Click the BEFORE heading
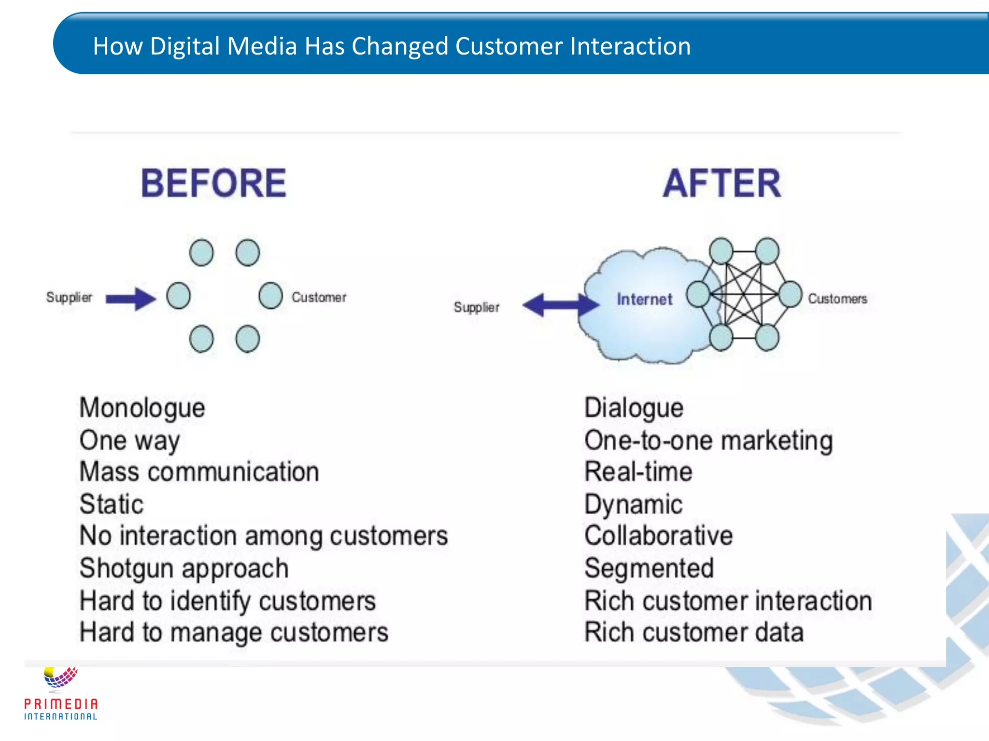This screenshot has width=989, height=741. (x=213, y=184)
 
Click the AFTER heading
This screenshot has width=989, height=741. (x=721, y=184)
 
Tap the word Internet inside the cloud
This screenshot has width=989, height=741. (x=644, y=300)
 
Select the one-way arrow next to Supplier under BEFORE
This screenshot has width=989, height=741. (x=130, y=299)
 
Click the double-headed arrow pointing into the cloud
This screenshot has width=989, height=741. (x=560, y=305)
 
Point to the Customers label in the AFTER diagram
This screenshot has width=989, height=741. (x=837, y=299)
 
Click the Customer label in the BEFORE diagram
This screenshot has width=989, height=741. (x=319, y=297)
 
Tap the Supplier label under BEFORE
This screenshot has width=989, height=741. (x=69, y=297)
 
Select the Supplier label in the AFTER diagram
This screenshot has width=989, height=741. (x=476, y=307)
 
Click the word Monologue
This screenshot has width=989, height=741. (x=142, y=408)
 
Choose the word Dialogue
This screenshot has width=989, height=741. (x=634, y=408)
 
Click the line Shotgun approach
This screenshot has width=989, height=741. (x=184, y=568)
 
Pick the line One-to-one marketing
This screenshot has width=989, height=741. (x=708, y=440)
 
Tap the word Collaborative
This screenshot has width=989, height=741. (x=658, y=536)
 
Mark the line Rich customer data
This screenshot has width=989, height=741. (x=693, y=632)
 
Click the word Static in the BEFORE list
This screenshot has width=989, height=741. (x=112, y=504)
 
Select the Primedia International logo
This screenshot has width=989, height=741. (x=61, y=695)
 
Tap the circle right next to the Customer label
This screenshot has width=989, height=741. (x=270, y=296)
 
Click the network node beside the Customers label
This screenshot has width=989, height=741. (x=791, y=294)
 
